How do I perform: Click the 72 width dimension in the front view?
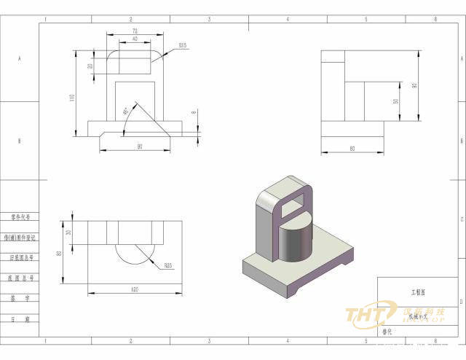tap(135, 31)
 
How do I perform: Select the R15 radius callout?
tap(182, 45)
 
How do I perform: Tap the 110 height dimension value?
tap(72, 98)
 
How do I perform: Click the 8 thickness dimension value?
tap(194, 112)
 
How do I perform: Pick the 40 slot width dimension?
tap(135, 39)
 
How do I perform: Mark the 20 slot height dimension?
tap(90, 65)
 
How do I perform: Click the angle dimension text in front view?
tap(126, 111)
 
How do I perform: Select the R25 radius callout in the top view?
tap(168, 265)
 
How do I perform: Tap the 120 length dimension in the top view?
tap(135, 290)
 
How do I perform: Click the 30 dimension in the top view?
tap(68, 232)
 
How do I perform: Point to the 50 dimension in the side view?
tap(395, 101)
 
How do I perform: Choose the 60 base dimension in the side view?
tap(352, 149)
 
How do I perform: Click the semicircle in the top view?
tap(134, 253)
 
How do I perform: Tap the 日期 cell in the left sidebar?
tap(20, 319)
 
